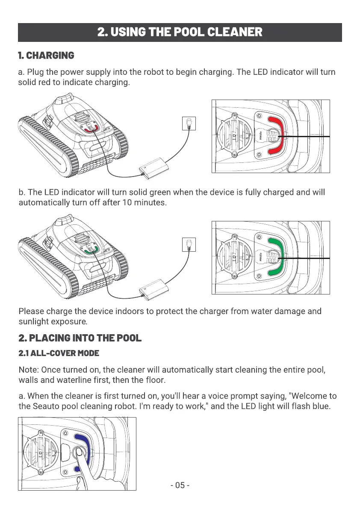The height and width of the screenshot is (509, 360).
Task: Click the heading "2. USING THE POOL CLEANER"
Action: [180, 32]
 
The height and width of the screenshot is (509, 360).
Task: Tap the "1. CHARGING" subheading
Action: [46, 56]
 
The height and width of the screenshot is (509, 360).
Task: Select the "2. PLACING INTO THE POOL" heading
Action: [80, 338]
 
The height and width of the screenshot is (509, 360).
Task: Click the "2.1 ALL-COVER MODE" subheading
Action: [59, 353]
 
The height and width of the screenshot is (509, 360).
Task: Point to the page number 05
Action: [180, 485]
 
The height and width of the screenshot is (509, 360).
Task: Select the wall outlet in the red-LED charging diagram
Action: [189, 124]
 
